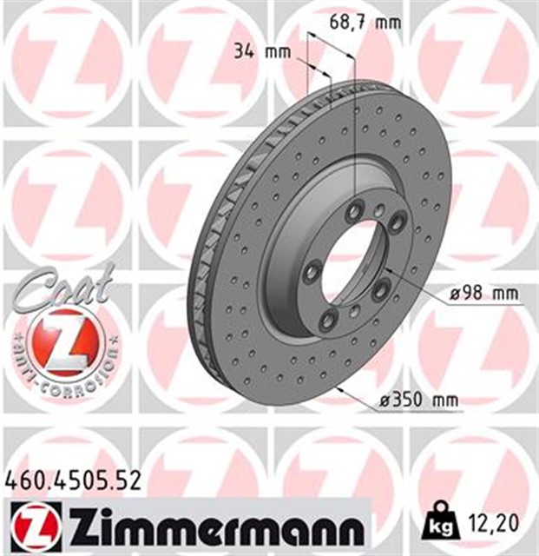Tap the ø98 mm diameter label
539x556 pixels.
pyautogui.click(x=483, y=295)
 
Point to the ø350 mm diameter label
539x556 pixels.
pyautogui.click(x=420, y=400)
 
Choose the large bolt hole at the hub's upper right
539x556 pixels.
pyautogui.click(x=397, y=224)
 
